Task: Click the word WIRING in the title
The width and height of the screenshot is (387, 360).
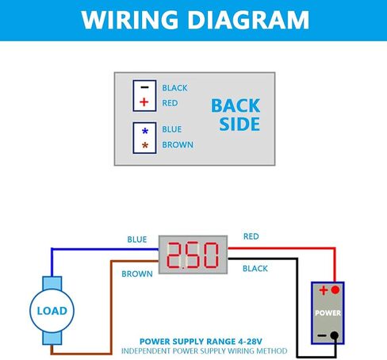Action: click(x=130, y=20)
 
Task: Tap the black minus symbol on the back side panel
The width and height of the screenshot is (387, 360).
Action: click(x=144, y=87)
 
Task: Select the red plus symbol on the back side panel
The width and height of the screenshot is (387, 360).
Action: click(x=144, y=102)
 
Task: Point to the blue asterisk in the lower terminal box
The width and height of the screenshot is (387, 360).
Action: click(x=145, y=131)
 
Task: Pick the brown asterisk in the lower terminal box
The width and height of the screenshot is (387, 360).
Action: click(x=145, y=145)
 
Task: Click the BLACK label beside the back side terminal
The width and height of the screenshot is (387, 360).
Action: click(x=174, y=88)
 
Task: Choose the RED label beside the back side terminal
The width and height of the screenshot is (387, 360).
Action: click(x=170, y=103)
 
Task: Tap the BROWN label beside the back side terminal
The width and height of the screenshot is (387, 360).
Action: click(x=178, y=145)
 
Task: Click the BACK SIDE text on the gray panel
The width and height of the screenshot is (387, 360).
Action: click(x=236, y=115)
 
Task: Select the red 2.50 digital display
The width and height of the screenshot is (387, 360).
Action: click(x=193, y=255)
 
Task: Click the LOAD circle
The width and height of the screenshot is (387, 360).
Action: click(x=52, y=311)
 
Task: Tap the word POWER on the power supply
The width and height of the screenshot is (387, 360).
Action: click(x=328, y=313)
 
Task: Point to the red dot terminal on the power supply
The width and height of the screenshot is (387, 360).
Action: click(x=335, y=290)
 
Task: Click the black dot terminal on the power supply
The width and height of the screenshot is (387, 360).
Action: click(x=335, y=335)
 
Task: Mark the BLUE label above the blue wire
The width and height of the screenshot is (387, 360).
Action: click(x=137, y=239)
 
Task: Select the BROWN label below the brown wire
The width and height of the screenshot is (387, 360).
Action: click(x=137, y=274)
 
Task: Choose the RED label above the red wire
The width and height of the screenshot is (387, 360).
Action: click(x=251, y=236)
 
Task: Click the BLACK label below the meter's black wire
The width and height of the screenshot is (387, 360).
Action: click(x=255, y=269)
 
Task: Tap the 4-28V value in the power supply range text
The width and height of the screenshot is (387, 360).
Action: click(x=250, y=342)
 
